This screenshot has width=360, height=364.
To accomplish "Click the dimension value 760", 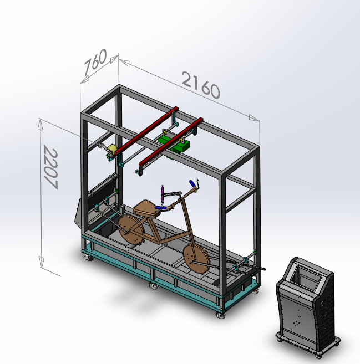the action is click(x=95, y=62).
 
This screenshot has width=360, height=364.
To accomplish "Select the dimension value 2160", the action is click(x=201, y=85).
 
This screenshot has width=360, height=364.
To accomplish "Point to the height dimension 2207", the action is click(x=50, y=167).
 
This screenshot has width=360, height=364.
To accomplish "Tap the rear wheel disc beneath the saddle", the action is click(x=131, y=229).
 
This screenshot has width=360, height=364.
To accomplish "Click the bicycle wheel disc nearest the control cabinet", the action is click(x=196, y=259).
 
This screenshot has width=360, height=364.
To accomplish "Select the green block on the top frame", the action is click(x=174, y=143).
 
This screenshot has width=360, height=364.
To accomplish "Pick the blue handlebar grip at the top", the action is click(x=192, y=183).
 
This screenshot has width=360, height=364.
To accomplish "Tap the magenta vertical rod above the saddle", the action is click(x=163, y=194).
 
